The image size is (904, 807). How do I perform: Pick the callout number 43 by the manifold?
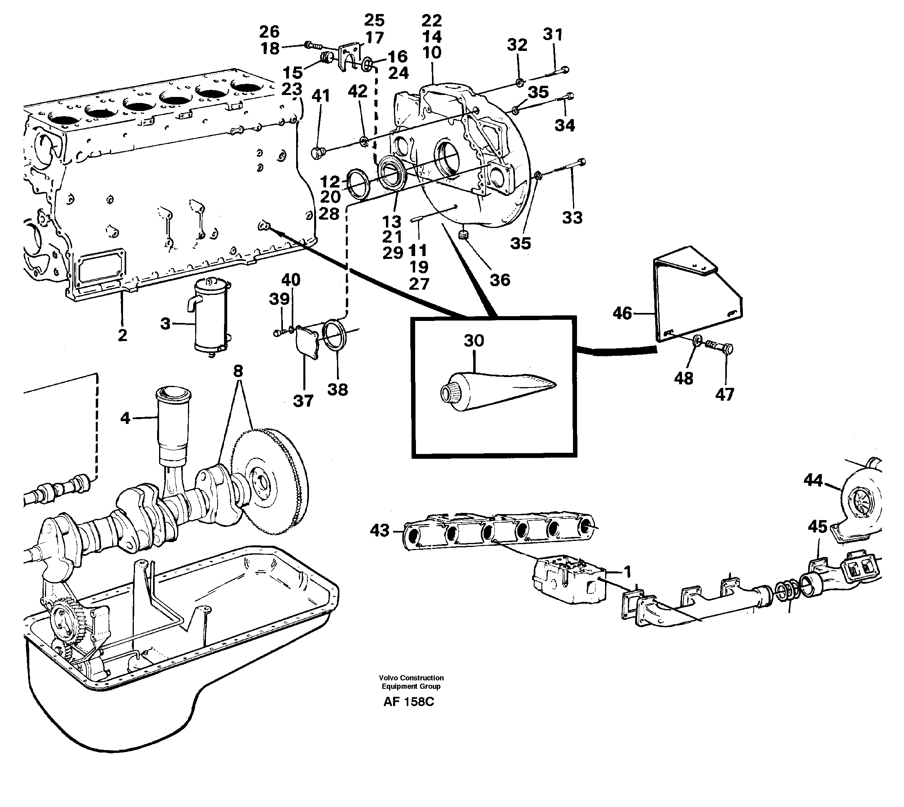coord(379,530)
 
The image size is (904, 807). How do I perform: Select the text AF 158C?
coord(409,702)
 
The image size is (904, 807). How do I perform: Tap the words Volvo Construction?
coord(411,678)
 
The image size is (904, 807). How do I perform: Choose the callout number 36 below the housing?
coord(500,280)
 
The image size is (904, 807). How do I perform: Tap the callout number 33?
coord(572,218)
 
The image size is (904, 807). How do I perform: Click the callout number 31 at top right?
coord(553,34)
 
